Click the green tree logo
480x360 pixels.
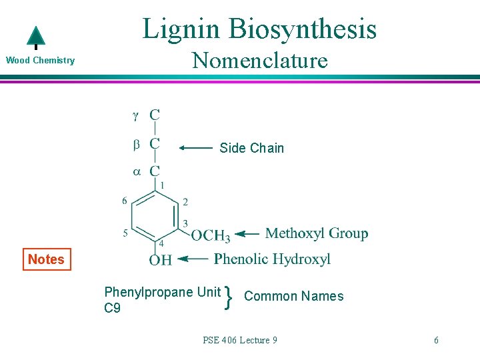pos(35,38)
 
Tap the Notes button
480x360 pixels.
pos(46,259)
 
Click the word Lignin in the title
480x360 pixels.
pos(181,29)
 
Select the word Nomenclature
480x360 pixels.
pos(259,61)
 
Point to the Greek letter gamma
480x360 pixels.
pos(135,116)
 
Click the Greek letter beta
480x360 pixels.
pos(136,144)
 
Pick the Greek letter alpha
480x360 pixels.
pos(136,171)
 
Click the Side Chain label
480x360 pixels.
pos(251,148)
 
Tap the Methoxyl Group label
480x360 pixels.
pos(316,233)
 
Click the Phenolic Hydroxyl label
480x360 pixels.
pos(272,259)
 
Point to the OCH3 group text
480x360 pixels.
pos(211,235)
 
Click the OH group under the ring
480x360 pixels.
pos(160,259)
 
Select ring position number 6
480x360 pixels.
pos(125,201)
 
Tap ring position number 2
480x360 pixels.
pos(185,201)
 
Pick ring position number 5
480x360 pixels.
pos(125,233)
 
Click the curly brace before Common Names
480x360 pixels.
pos(229,297)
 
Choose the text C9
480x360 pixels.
pos(113,308)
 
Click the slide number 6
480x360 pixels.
pos(436,340)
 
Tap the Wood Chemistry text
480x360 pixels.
pos(40,61)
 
